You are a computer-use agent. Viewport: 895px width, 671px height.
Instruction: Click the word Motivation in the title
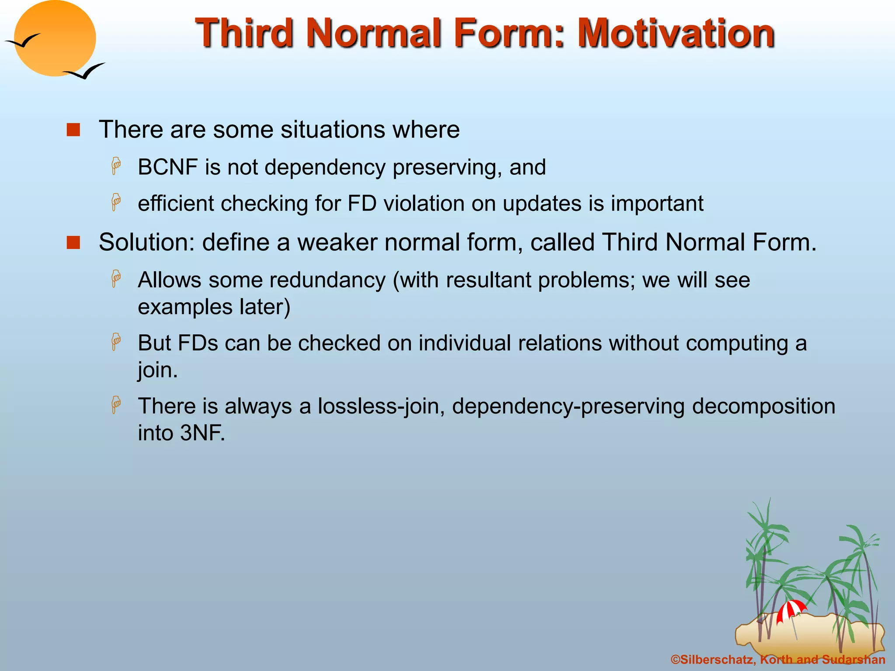pyautogui.click(x=676, y=33)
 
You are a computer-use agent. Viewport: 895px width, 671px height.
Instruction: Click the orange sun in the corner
pyautogui.click(x=55, y=38)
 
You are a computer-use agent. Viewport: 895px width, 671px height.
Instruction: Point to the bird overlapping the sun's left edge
pyautogui.click(x=23, y=41)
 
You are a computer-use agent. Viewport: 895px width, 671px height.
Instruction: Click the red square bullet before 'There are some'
pyautogui.click(x=73, y=130)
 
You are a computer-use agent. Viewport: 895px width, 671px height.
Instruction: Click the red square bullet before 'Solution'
pyautogui.click(x=73, y=242)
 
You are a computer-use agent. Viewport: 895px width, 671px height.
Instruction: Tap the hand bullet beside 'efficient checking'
pyautogui.click(x=116, y=202)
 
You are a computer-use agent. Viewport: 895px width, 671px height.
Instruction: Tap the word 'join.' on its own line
pyautogui.click(x=158, y=370)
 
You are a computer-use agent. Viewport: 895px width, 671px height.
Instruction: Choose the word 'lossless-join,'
pyautogui.click(x=381, y=406)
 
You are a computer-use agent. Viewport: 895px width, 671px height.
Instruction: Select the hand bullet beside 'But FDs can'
pyautogui.click(x=116, y=342)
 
